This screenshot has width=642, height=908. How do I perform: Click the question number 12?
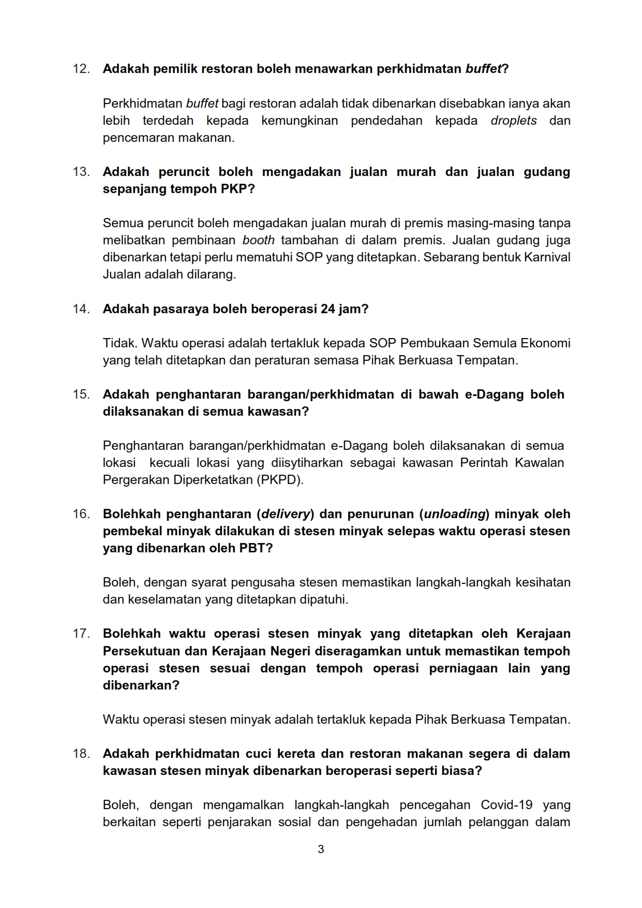(x=81, y=69)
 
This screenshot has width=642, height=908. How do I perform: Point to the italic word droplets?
(x=514, y=121)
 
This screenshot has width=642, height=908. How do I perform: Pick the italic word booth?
(x=258, y=240)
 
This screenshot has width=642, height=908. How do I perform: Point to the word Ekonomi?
(x=545, y=343)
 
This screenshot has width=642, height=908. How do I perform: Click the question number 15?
(x=81, y=394)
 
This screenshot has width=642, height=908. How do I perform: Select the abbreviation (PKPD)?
(x=280, y=480)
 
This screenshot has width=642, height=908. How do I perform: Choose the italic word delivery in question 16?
(x=286, y=514)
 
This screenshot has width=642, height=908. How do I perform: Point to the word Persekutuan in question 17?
(x=138, y=651)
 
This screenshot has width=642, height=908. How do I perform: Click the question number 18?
(x=81, y=754)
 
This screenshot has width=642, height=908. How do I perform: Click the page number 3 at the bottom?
(x=321, y=850)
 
